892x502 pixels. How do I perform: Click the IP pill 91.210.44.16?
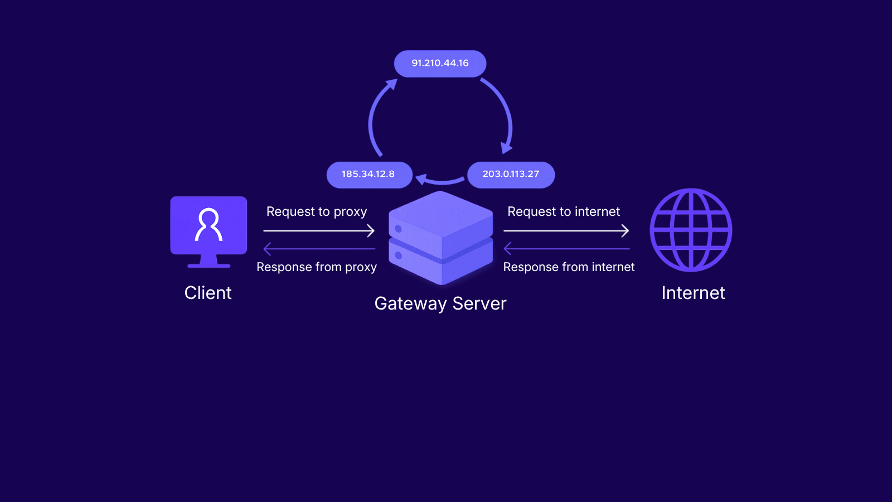click(x=440, y=64)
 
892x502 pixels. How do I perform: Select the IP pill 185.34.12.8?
click(x=369, y=175)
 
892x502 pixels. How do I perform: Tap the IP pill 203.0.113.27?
click(x=511, y=175)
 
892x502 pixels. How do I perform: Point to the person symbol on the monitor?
click(x=209, y=224)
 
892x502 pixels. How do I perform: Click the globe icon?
click(x=691, y=230)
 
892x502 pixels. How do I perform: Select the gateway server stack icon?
click(x=440, y=238)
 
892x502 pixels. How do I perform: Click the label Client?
click(x=208, y=293)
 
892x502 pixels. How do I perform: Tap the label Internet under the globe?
click(x=693, y=293)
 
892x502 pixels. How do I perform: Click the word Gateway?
click(x=410, y=304)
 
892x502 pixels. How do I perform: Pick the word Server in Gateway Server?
click(x=479, y=303)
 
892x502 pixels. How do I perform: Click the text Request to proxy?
click(x=317, y=212)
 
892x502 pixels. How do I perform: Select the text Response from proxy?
click(x=317, y=267)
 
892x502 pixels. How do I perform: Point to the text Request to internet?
click(x=564, y=212)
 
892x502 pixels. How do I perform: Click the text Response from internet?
click(x=569, y=267)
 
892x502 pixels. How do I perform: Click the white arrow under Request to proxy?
click(x=319, y=230)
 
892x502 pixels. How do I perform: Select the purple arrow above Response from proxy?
click(x=319, y=249)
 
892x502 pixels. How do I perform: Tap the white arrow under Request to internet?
click(x=566, y=230)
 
